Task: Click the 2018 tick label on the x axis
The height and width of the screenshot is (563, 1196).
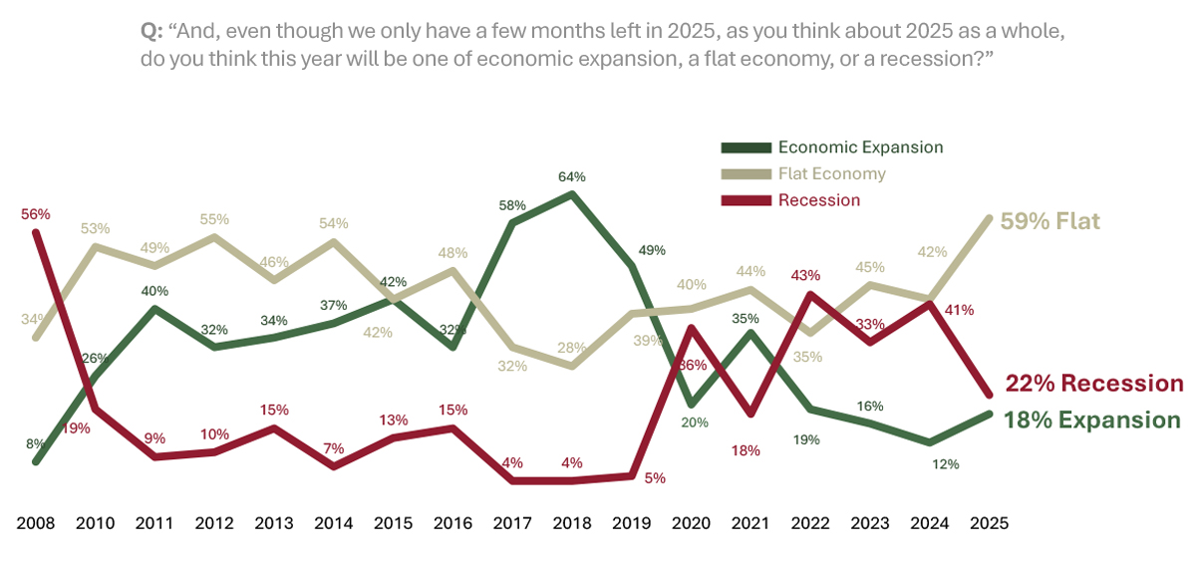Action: tap(572, 522)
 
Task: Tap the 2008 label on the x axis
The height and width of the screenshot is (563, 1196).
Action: tap(35, 522)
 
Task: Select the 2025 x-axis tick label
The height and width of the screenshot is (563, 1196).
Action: tap(989, 522)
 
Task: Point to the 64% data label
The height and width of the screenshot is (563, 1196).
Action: tap(572, 176)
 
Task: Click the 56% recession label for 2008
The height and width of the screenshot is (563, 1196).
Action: tap(35, 214)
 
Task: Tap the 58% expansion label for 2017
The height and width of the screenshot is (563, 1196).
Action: tap(512, 204)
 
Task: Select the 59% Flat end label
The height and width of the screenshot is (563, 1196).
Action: tap(1050, 221)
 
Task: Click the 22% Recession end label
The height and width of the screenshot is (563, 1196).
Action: tap(1094, 384)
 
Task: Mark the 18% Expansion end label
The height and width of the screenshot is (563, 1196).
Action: tap(1093, 420)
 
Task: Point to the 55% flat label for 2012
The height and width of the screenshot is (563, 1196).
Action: tap(214, 219)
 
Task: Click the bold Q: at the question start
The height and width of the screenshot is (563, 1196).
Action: tap(151, 32)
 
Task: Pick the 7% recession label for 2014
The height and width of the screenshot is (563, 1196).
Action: tap(333, 448)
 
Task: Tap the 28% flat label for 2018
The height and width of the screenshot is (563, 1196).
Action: tap(572, 347)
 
